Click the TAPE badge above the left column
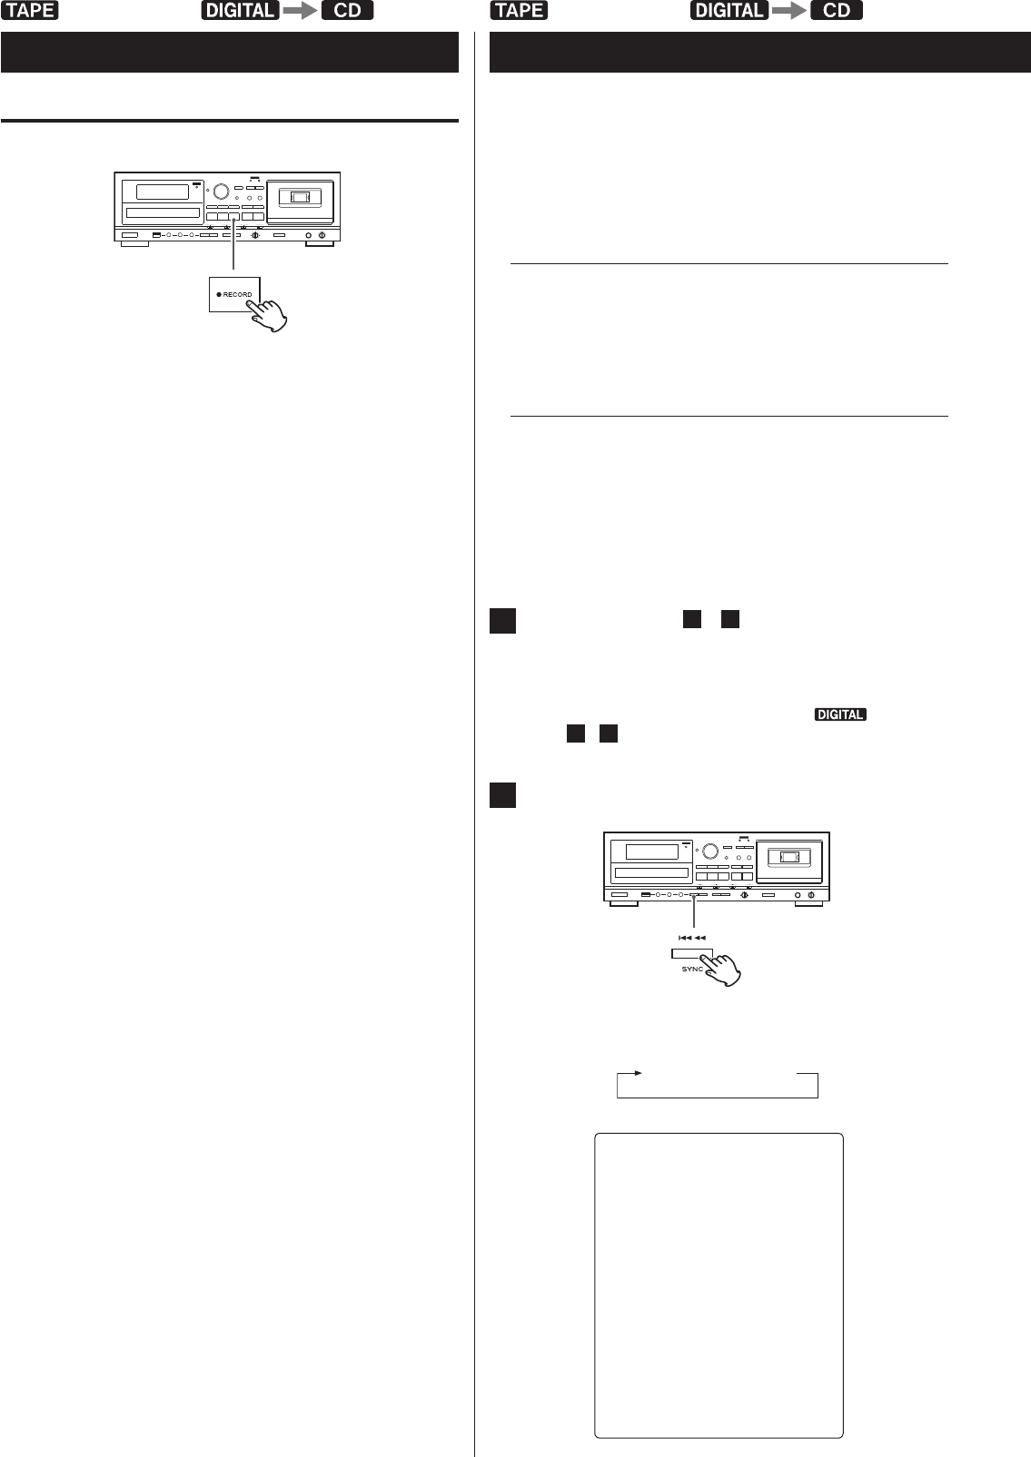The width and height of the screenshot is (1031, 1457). (x=30, y=11)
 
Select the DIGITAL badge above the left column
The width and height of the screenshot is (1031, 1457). (x=240, y=11)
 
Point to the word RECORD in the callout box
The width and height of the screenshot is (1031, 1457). (x=238, y=294)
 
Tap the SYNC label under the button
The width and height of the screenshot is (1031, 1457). (x=692, y=970)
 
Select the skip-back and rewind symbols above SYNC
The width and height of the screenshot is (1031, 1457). (x=692, y=938)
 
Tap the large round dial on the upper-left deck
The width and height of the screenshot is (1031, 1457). (x=221, y=192)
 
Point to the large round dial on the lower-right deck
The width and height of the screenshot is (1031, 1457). (x=710, y=852)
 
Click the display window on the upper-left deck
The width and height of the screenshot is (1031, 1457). (x=163, y=192)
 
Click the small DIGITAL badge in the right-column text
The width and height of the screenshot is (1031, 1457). (x=840, y=714)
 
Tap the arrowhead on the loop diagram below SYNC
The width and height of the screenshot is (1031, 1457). (x=639, y=1073)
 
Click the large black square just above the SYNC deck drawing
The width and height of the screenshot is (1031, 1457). (x=502, y=795)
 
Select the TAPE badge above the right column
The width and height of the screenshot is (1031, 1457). (x=520, y=11)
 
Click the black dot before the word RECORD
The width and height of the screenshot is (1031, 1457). (x=219, y=295)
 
